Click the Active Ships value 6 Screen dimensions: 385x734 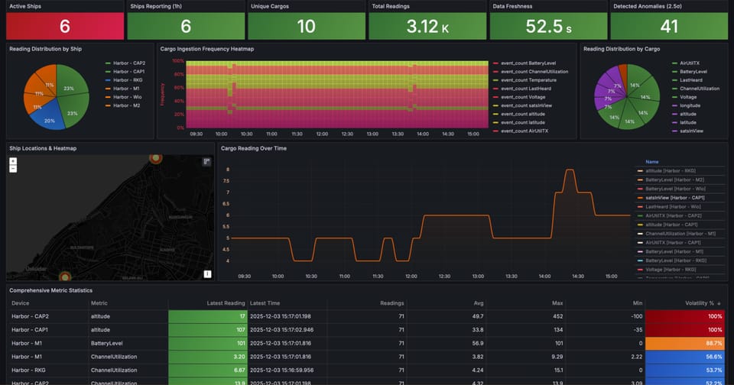click(64, 27)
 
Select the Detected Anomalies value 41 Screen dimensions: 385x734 click(669, 27)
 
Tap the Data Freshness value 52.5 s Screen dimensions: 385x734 click(549, 27)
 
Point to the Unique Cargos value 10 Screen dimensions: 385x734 click(306, 27)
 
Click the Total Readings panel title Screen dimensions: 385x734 click(391, 6)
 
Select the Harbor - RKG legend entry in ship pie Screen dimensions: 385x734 click(126, 80)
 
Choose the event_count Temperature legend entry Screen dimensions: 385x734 click(525, 79)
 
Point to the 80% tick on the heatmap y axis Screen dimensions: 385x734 click(178, 74)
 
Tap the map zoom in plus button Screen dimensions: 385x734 click(13, 162)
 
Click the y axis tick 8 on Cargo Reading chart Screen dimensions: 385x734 click(227, 181)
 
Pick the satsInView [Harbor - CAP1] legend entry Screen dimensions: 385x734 click(674, 198)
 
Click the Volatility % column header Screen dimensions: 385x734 click(700, 303)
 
